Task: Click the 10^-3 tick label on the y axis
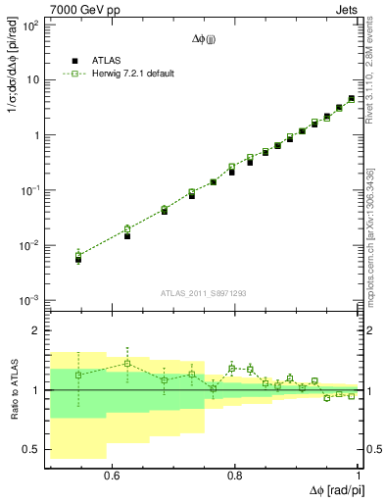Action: [x=29, y=300]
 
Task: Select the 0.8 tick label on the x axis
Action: [x=235, y=475]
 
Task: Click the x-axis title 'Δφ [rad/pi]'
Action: [x=331, y=489]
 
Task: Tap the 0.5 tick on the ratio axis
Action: [x=31, y=450]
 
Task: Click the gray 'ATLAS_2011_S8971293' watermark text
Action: [x=205, y=293]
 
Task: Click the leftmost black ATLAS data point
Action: [x=78, y=260]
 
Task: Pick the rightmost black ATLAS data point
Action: [x=352, y=98]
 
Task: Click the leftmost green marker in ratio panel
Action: [x=78, y=375]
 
